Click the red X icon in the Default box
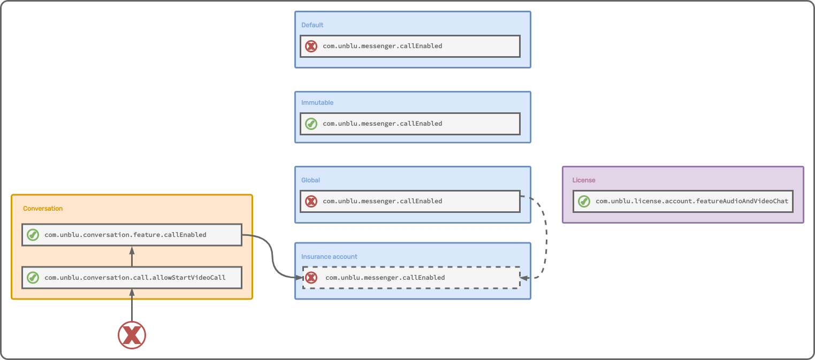[x=311, y=47]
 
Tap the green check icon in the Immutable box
[x=311, y=124]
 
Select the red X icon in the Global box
[x=311, y=202]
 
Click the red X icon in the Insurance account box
[x=311, y=278]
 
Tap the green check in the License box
[x=584, y=202]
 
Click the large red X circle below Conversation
[x=132, y=335]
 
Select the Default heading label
[x=313, y=25]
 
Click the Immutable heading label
[x=317, y=103]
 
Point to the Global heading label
[x=310, y=180]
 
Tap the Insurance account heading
[x=329, y=257]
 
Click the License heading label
[x=584, y=180]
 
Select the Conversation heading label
[x=43, y=209]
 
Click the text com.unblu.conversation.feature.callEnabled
[x=125, y=235]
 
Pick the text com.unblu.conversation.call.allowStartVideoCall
[x=135, y=278]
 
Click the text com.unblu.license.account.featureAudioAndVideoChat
[x=692, y=202]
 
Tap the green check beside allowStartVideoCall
[x=33, y=278]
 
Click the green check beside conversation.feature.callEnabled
[x=33, y=235]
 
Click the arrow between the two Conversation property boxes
[x=132, y=256]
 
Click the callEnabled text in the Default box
[x=382, y=47]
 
